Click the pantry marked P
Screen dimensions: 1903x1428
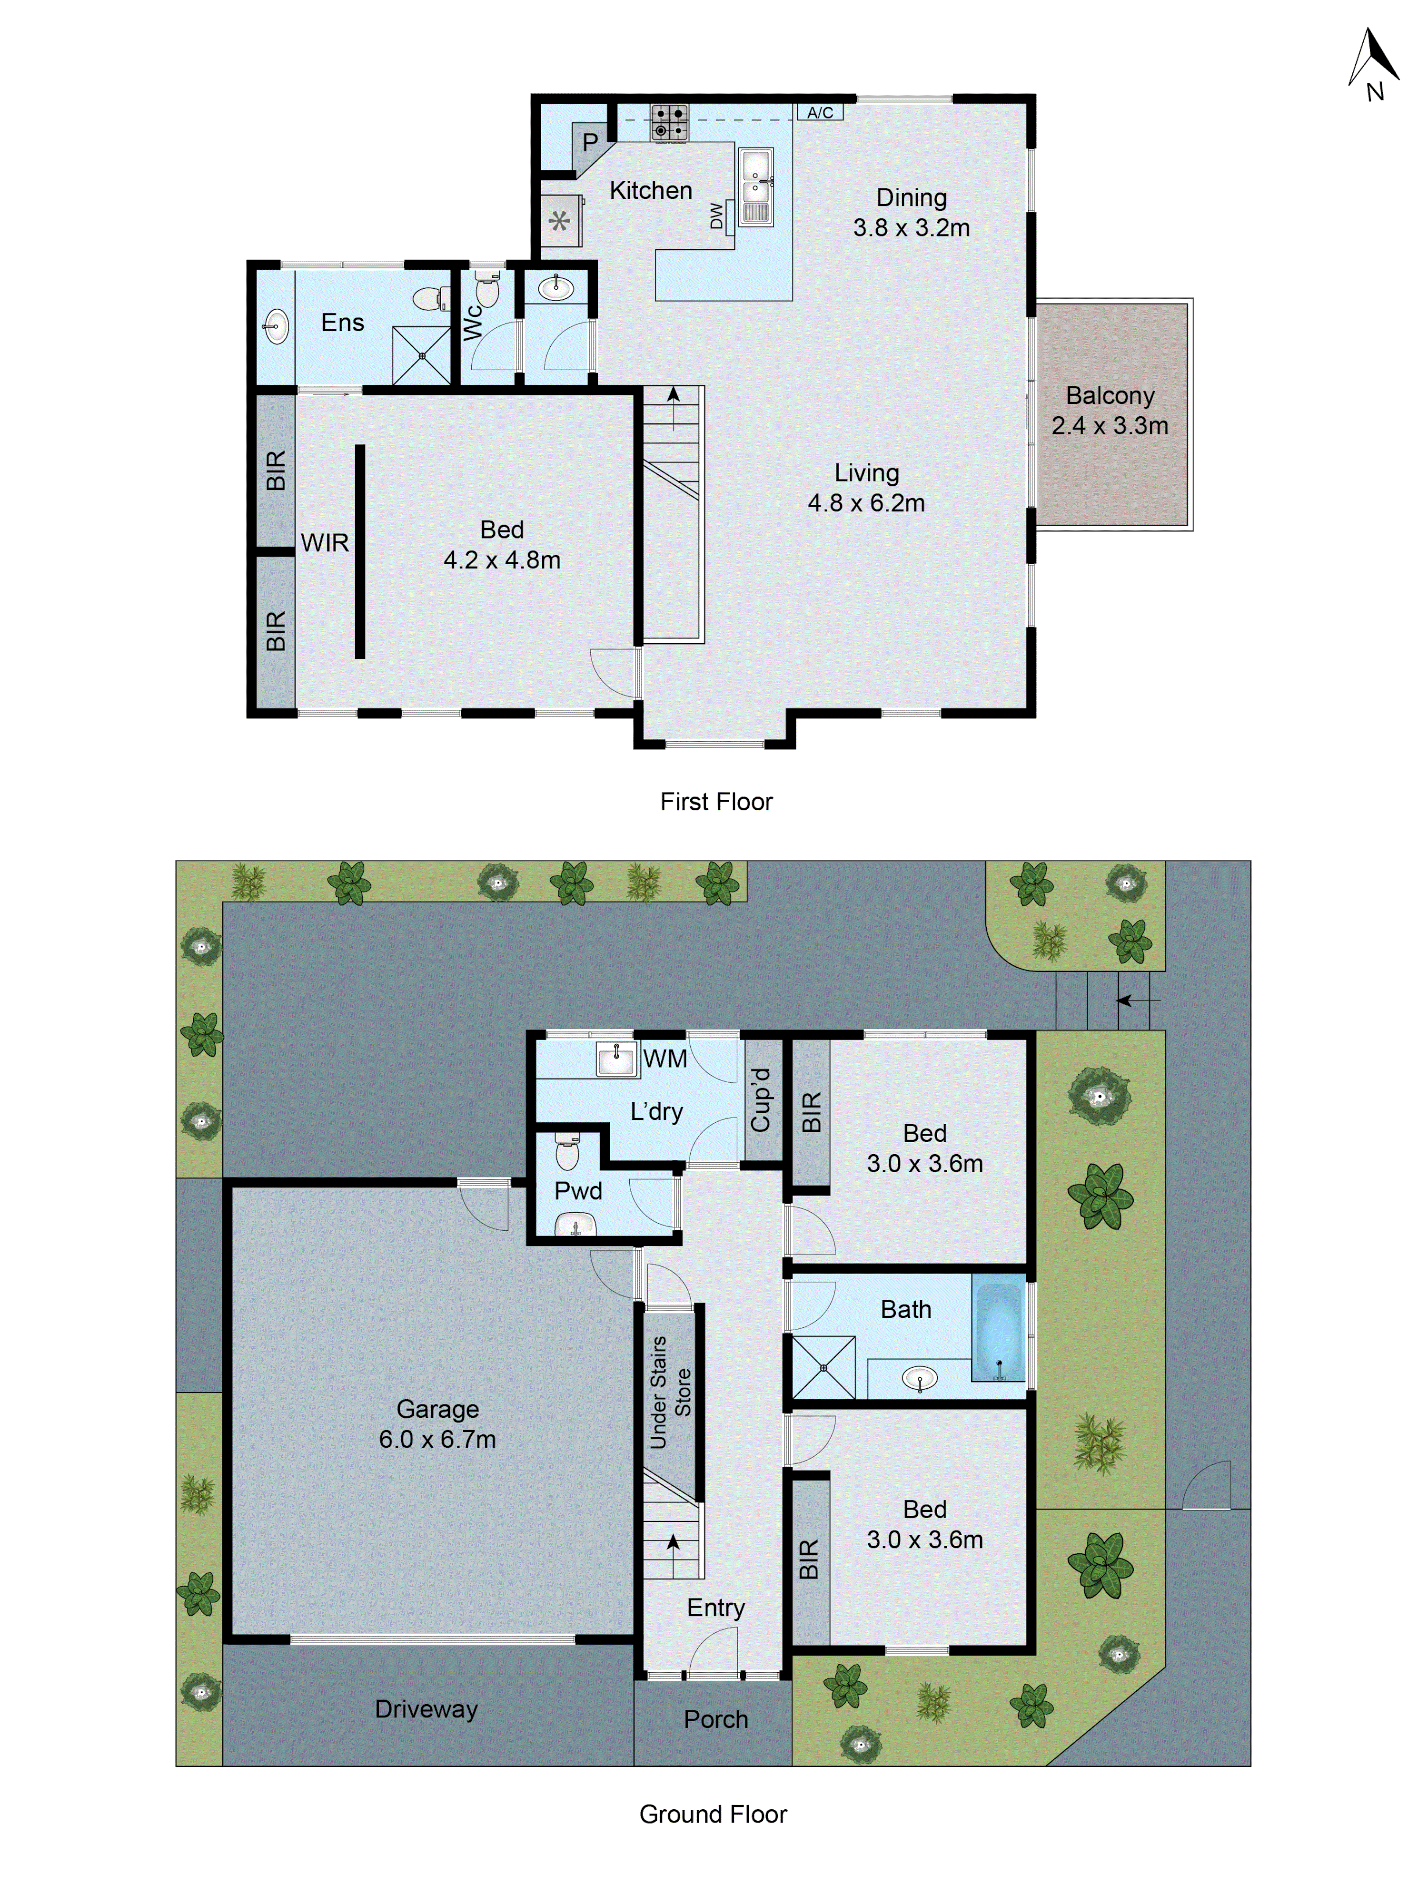click(590, 142)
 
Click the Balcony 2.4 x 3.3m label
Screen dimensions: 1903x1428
click(1110, 411)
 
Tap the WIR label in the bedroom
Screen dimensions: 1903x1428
click(325, 543)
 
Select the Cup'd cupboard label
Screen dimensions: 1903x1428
click(761, 1100)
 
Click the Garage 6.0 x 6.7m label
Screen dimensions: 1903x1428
click(437, 1424)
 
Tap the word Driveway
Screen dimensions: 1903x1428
click(426, 1708)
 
